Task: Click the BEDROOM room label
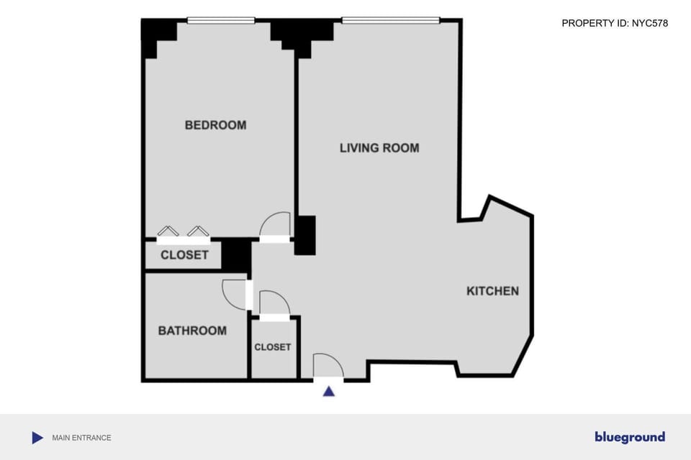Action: [215, 125]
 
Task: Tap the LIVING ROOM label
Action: [379, 148]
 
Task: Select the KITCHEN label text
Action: [492, 291]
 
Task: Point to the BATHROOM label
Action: [192, 331]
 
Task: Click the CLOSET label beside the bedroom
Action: [184, 255]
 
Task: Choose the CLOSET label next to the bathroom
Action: [273, 347]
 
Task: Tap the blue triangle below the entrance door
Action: [329, 392]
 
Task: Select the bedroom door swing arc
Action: [275, 224]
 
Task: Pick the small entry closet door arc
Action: [274, 303]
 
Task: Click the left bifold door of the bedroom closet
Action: [168, 231]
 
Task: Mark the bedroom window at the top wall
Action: [221, 20]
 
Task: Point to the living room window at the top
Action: [390, 20]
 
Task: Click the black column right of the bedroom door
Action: [305, 235]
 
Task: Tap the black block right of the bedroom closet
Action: [235, 254]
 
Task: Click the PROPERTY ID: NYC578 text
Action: [614, 23]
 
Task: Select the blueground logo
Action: [629, 437]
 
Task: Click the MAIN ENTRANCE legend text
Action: [81, 438]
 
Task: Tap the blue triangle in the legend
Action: [37, 438]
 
